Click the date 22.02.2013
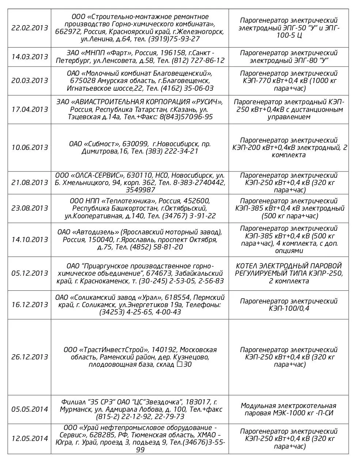pyautogui.click(x=30, y=28)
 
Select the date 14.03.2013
pyautogui.click(x=30, y=57)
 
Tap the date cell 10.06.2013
pyautogui.click(x=30, y=147)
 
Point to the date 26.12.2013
pyautogui.click(x=30, y=357)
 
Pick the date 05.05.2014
pyautogui.click(x=30, y=409)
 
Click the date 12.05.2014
pyautogui.click(x=30, y=438)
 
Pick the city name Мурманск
pyautogui.click(x=73, y=409)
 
